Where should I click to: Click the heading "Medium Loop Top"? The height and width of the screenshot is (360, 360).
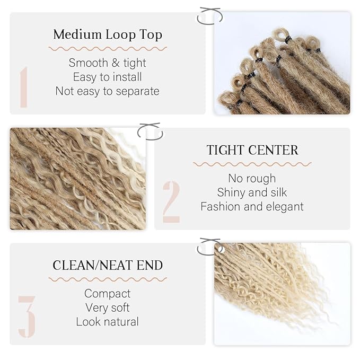pyautogui.click(x=108, y=34)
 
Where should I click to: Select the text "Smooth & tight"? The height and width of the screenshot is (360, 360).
pyautogui.click(x=108, y=63)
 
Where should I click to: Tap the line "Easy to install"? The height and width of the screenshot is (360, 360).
pyautogui.click(x=108, y=77)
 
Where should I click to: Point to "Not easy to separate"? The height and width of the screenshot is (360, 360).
pyautogui.click(x=108, y=91)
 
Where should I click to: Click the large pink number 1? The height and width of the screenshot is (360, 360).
pyautogui.click(x=24, y=87)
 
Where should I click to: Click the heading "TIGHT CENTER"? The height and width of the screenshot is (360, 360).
pyautogui.click(x=252, y=150)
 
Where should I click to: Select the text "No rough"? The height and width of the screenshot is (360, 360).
pyautogui.click(x=252, y=178)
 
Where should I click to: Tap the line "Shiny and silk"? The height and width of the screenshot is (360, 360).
pyautogui.click(x=252, y=192)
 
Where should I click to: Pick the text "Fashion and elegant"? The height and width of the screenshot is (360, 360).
pyautogui.click(x=252, y=207)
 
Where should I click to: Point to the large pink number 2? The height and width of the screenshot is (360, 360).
pyautogui.click(x=171, y=202)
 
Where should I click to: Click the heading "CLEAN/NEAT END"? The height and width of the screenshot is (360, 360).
pyautogui.click(x=108, y=265)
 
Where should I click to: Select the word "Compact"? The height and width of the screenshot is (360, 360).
pyautogui.click(x=108, y=294)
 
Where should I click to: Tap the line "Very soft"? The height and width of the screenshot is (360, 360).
pyautogui.click(x=108, y=308)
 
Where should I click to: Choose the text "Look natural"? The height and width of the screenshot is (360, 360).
pyautogui.click(x=108, y=322)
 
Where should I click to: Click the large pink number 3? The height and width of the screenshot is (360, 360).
pyautogui.click(x=27, y=317)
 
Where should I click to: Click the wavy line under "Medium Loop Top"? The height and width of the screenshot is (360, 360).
pyautogui.click(x=108, y=49)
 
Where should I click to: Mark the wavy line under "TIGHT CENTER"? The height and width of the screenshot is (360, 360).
pyautogui.click(x=252, y=164)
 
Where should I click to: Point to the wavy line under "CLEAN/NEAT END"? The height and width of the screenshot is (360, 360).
pyautogui.click(x=108, y=279)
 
